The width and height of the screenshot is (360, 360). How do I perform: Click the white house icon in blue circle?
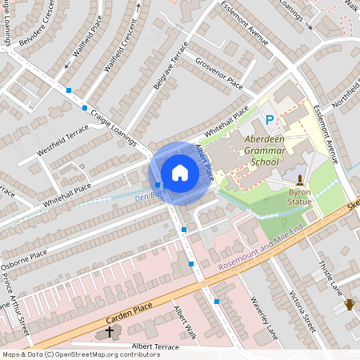[x=180, y=173]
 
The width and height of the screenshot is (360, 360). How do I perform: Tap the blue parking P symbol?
[x=270, y=121]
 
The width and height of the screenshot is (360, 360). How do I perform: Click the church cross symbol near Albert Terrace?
[x=110, y=330]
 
